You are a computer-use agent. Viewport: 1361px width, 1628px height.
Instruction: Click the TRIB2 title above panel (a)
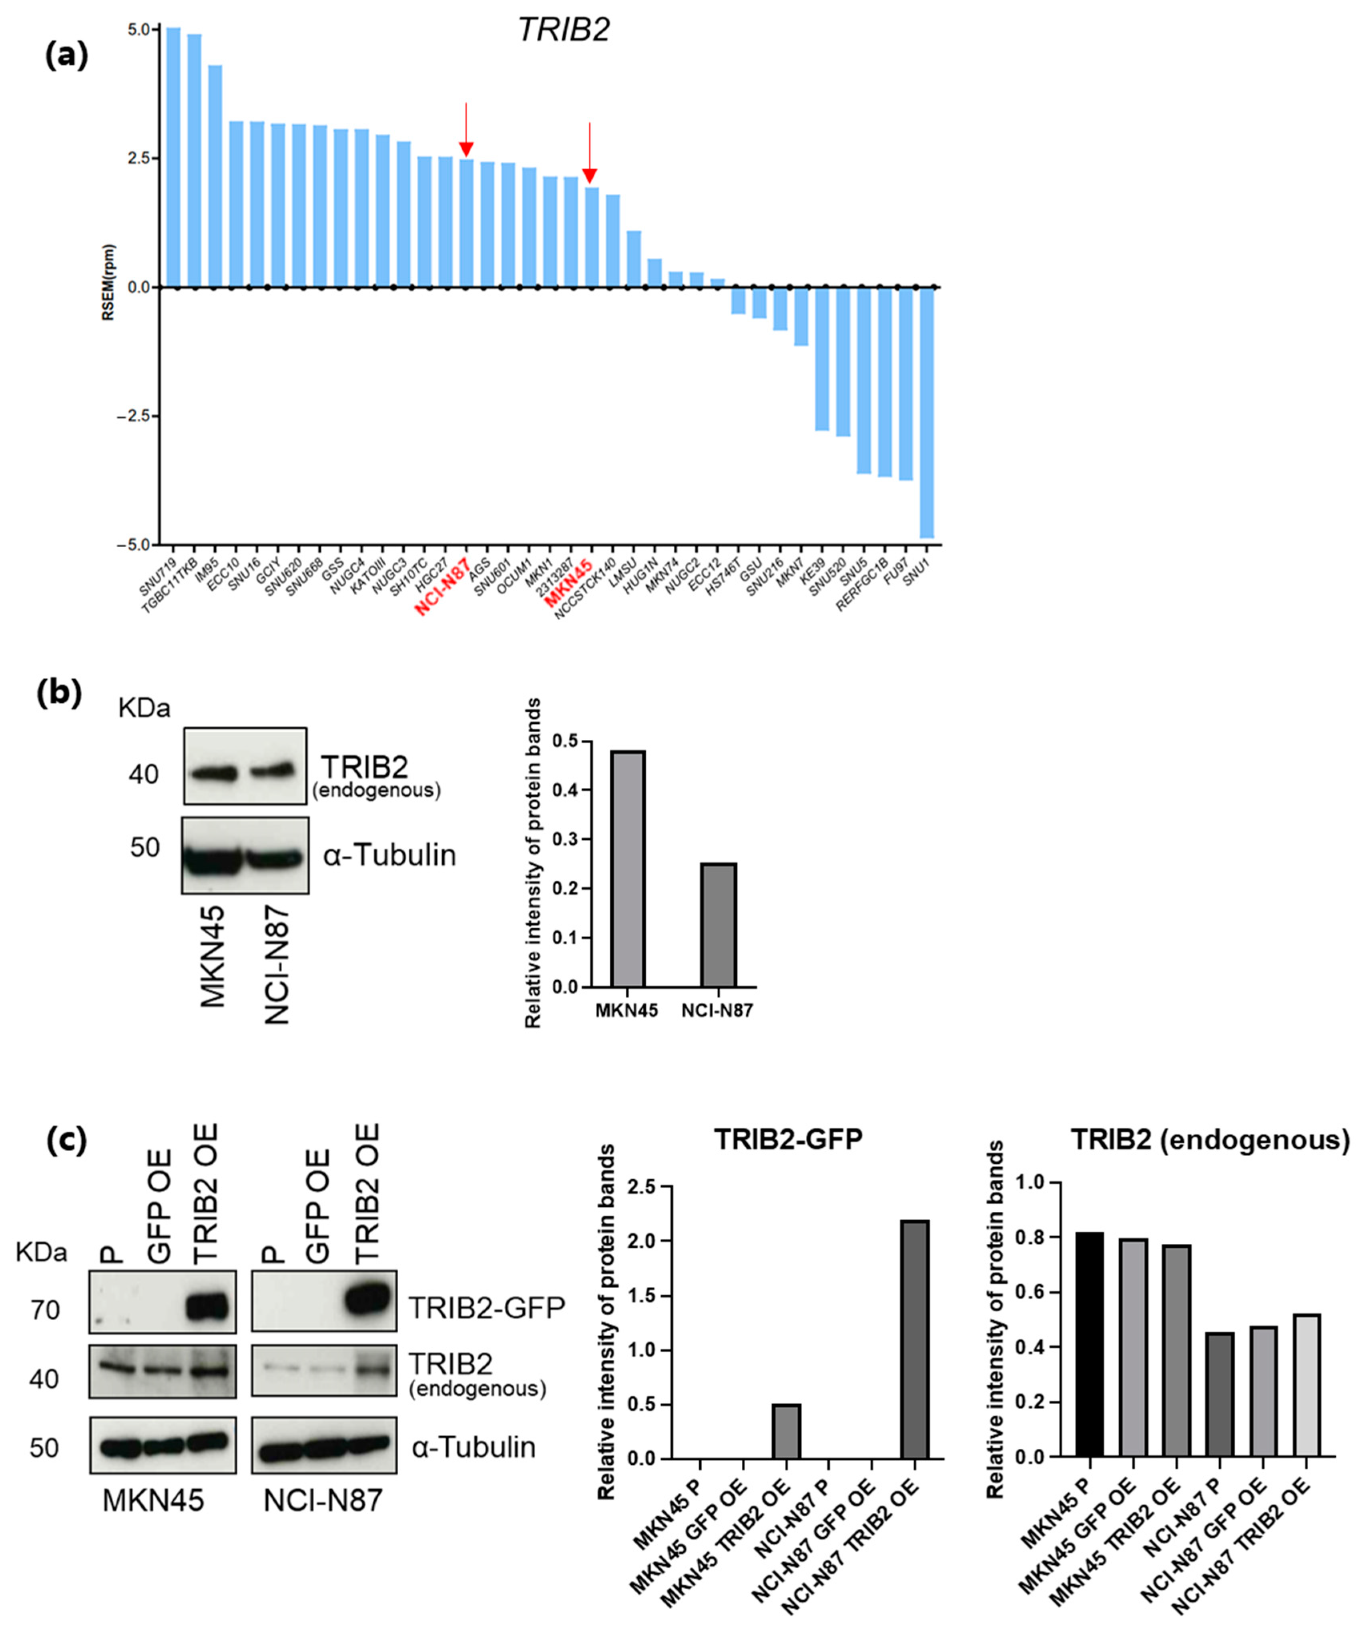pos(564,30)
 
